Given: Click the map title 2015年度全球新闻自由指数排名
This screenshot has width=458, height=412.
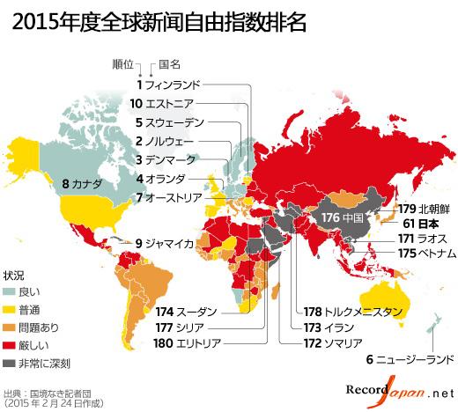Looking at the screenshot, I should (x=159, y=22).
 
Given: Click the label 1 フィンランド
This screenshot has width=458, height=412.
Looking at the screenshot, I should (x=168, y=85).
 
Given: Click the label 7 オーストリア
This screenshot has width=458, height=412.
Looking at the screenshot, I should (x=172, y=197).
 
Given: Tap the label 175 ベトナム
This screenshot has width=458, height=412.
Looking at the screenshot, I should (x=426, y=254).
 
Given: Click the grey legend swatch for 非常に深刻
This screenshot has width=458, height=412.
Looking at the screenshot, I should (x=10, y=363).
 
